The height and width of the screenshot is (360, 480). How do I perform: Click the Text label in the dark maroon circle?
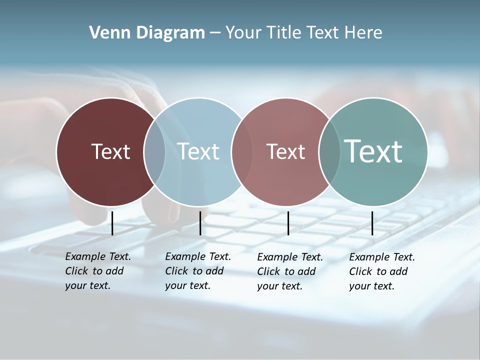tap(110, 151)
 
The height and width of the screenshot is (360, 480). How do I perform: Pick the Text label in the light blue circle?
tap(198, 151)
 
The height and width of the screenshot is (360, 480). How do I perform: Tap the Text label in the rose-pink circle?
tap(285, 151)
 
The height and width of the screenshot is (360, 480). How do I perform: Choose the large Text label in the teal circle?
tap(373, 151)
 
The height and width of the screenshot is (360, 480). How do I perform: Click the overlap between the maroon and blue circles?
tap(154, 151)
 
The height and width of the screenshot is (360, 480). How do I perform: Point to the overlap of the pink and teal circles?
tap(329, 151)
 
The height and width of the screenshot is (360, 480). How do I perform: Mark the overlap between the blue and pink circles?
tap(241, 151)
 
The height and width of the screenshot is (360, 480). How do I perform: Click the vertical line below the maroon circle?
tap(112, 223)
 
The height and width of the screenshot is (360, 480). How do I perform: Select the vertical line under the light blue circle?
tap(200, 223)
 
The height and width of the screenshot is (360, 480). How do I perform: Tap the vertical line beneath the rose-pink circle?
tap(288, 223)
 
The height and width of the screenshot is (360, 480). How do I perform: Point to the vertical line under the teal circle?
tap(372, 223)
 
